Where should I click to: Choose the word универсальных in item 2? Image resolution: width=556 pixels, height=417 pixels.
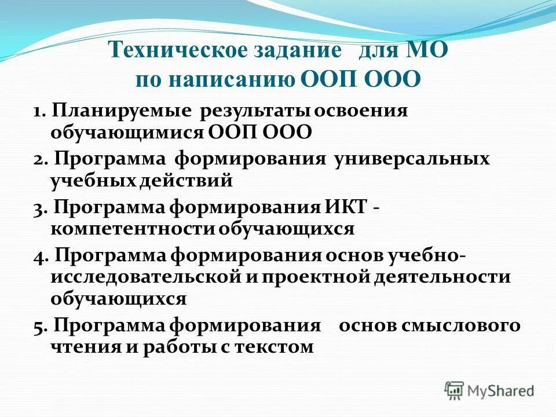[411, 159]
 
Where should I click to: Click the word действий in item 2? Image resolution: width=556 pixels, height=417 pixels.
[185, 180]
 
